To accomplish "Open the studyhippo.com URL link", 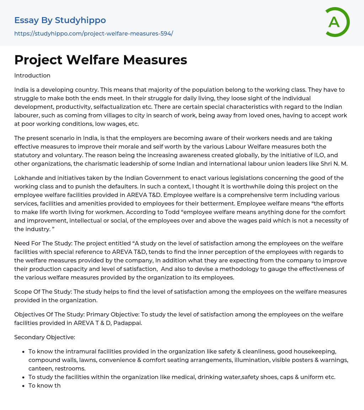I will click(x=93, y=33).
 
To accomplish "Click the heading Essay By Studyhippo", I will click(x=60, y=20).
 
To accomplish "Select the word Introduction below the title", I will click(x=32, y=75).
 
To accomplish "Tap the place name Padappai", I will click(x=127, y=323).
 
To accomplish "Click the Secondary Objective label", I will click(x=44, y=337).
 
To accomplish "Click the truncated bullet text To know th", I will click(x=44, y=385).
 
